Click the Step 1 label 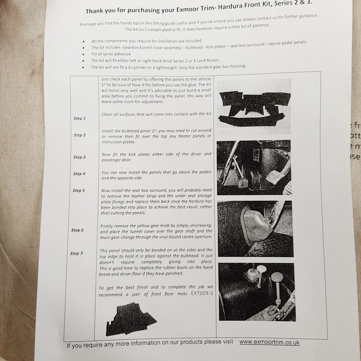coord(79,118)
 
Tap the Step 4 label coord(79,174)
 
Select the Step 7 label coord(76,254)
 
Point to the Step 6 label coord(77,230)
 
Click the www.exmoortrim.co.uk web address coord(269,342)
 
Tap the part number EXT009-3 coord(202,293)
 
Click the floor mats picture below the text coord(131,319)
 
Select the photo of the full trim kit coord(254,106)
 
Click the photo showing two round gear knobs coord(257,292)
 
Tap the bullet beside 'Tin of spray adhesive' coord(83,55)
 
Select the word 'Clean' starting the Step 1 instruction coord(107,115)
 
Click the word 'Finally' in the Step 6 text coord(106,226)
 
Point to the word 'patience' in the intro coord(261,25)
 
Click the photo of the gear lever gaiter coord(255,229)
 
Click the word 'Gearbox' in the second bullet coord(130,47)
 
